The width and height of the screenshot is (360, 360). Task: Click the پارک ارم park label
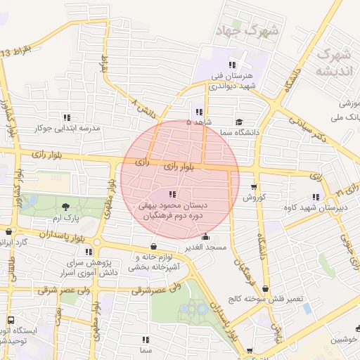(x=64, y=219)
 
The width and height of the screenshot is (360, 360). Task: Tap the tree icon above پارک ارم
(x=65, y=207)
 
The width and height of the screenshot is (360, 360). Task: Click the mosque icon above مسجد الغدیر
(x=205, y=238)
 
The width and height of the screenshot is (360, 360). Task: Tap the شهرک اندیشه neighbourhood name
(x=333, y=63)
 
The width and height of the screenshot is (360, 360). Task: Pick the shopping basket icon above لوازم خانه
(x=154, y=247)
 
